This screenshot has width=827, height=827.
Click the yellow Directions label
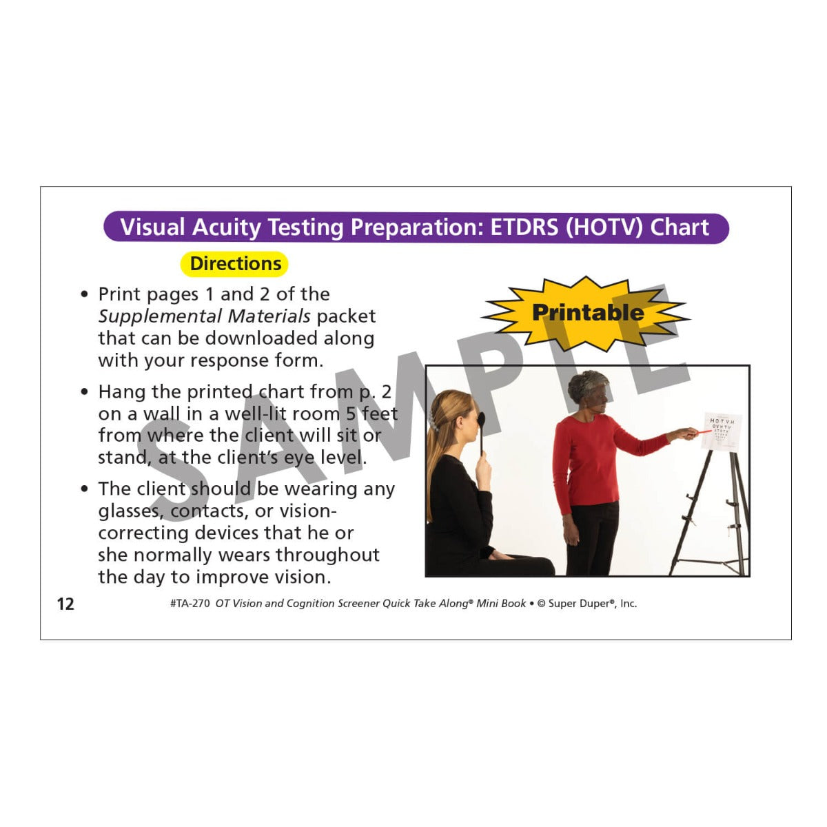point(234,263)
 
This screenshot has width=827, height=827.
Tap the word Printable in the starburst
point(588,312)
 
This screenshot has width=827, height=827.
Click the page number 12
point(65,604)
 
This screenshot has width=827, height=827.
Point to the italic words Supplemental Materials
point(204,316)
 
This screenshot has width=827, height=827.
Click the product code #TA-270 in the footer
point(190,604)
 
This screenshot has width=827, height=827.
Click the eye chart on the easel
point(722,431)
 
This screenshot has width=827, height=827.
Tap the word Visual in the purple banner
point(152,227)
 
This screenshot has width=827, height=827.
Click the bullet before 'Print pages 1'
point(85,294)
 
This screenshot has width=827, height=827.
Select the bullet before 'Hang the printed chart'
point(85,392)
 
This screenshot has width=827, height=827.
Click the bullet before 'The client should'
point(85,489)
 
